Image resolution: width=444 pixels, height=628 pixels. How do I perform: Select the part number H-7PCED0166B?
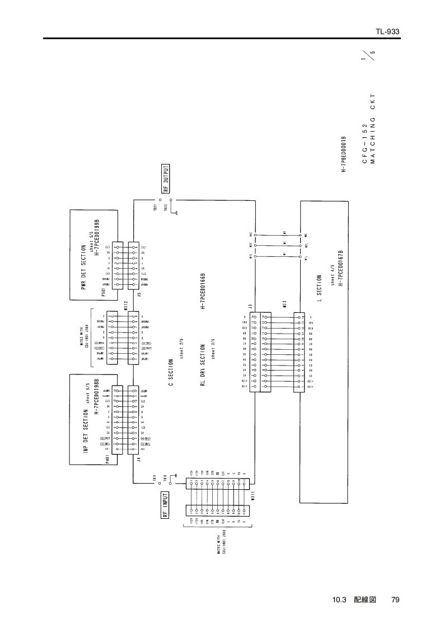pyautogui.click(x=203, y=291)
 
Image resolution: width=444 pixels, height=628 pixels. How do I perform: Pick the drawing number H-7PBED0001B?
pyautogui.click(x=345, y=152)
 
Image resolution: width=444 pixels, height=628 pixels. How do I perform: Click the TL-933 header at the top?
pyautogui.click(x=387, y=32)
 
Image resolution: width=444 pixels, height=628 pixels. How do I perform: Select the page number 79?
pyautogui.click(x=395, y=600)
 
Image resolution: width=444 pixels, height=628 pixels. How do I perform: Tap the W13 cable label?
pyautogui.click(x=284, y=305)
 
